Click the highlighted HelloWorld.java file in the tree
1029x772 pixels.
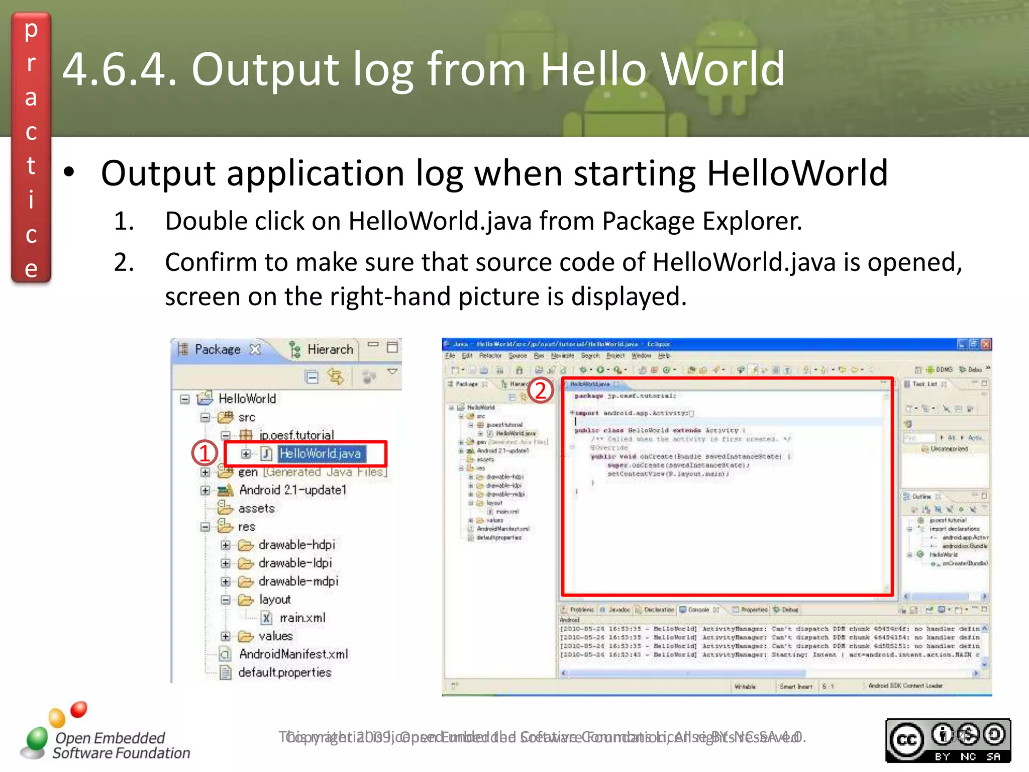click(x=320, y=454)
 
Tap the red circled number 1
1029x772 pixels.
click(x=204, y=453)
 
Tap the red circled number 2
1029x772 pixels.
click(x=540, y=391)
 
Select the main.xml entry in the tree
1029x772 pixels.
click(x=302, y=618)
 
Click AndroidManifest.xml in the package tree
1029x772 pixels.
click(x=293, y=654)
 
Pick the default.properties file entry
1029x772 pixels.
click(x=284, y=672)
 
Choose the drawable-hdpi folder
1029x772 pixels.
click(x=296, y=545)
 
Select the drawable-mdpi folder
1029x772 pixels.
click(x=298, y=582)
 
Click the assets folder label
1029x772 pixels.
click(x=256, y=509)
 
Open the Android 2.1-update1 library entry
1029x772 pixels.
click(x=292, y=490)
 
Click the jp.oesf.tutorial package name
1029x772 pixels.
click(x=296, y=435)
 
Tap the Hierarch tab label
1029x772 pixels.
click(x=330, y=349)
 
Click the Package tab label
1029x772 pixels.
click(x=218, y=349)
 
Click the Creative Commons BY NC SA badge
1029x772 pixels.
click(x=948, y=740)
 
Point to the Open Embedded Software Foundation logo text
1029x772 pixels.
click(x=121, y=745)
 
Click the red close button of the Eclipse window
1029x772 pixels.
click(x=986, y=344)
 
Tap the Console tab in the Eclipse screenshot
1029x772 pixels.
click(x=698, y=610)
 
